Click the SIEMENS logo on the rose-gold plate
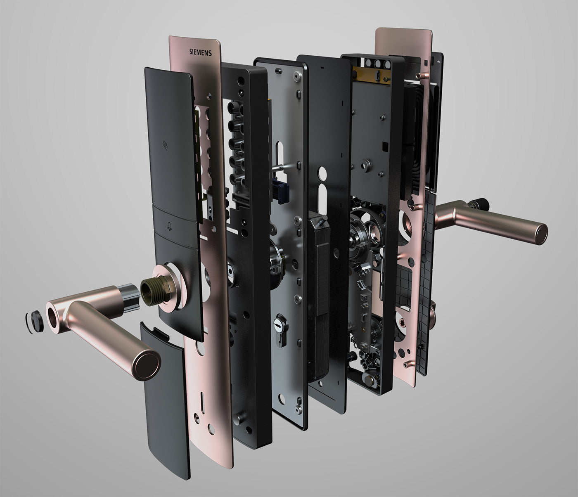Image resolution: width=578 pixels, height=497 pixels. tap(201, 52)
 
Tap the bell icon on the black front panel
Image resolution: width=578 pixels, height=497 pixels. tap(169, 227)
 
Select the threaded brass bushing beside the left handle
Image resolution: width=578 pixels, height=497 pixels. tap(153, 292)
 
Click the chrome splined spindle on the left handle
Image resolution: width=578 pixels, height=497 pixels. tap(130, 297)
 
